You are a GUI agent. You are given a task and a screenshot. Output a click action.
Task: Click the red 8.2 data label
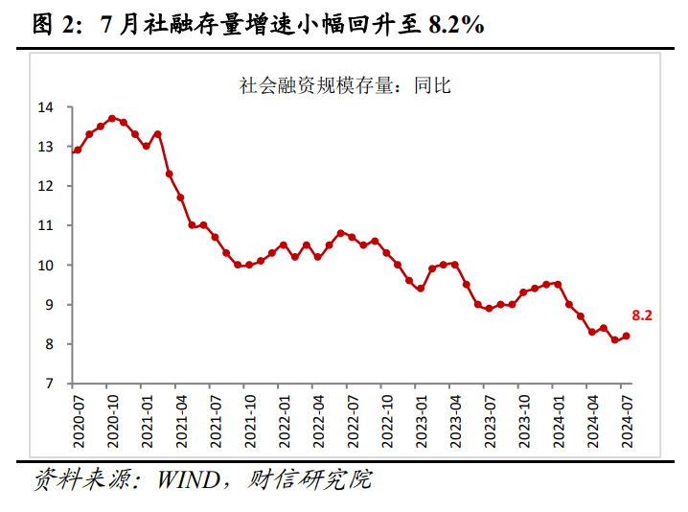(x=642, y=314)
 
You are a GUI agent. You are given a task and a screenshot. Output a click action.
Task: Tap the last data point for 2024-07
(x=627, y=336)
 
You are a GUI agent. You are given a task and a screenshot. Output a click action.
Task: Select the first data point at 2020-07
(x=77, y=151)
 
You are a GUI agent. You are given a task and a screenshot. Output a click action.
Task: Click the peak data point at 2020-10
(x=111, y=119)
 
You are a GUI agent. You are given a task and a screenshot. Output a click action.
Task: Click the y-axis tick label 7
(x=48, y=384)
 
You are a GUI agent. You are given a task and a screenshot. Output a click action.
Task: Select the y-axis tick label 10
(x=44, y=265)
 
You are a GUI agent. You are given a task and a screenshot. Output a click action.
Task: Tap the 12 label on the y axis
(x=44, y=186)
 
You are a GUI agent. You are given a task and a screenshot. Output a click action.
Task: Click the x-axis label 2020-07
(x=77, y=414)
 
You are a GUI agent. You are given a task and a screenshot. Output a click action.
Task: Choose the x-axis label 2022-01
(x=283, y=414)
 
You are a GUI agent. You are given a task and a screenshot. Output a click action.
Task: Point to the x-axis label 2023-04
(x=455, y=414)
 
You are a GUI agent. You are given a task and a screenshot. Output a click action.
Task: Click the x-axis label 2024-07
(x=627, y=414)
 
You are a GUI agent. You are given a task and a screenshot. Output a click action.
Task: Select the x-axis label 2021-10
(x=249, y=414)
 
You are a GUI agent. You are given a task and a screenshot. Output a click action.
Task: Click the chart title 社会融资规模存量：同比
(x=345, y=85)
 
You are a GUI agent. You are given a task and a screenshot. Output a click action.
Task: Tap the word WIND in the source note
(x=178, y=479)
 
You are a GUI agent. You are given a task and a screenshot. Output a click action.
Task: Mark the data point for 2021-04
(x=180, y=198)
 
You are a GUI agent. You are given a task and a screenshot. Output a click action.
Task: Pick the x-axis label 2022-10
(x=386, y=414)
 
